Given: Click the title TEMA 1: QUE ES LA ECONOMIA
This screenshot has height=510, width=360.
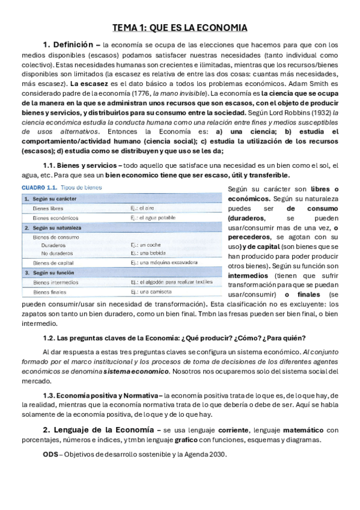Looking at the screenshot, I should coord(180,28).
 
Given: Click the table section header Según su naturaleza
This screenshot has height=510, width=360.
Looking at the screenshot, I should coord(55,228).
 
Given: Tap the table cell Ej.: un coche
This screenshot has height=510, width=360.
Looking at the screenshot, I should coord(147,245).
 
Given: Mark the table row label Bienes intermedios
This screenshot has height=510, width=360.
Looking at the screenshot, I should coord(56,282).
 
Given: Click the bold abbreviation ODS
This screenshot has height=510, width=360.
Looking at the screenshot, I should coord(50,454).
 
